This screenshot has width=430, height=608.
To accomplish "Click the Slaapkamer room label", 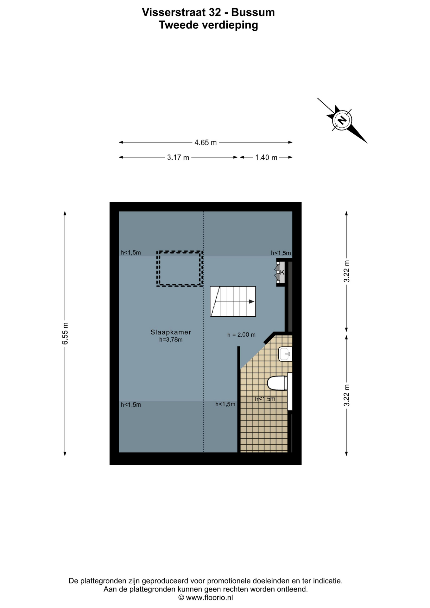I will (171, 332).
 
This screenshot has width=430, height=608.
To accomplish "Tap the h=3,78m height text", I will (171, 340).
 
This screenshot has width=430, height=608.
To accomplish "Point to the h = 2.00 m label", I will (241, 335).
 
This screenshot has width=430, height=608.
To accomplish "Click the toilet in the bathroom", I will (277, 383).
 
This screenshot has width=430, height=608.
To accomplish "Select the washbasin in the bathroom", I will (285, 354).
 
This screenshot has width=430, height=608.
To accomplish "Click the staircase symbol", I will (233, 301).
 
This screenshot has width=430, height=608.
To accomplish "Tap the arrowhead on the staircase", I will (251, 301).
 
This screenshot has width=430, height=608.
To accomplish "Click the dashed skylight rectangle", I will (180, 269).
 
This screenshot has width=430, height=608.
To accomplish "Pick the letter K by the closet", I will (282, 272).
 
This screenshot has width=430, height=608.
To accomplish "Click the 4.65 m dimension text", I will (206, 142).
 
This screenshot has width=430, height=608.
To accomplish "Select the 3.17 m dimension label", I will (178, 157).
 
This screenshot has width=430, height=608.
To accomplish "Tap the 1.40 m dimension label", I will (266, 157).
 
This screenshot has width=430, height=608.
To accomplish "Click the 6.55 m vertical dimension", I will (65, 333).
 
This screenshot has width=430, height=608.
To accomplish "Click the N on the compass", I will (342, 120).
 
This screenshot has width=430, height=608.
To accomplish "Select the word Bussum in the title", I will (253, 12).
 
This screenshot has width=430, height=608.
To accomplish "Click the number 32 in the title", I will (215, 12).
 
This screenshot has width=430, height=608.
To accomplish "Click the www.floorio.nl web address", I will (209, 598).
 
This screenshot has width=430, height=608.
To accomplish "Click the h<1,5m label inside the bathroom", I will (265, 399).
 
